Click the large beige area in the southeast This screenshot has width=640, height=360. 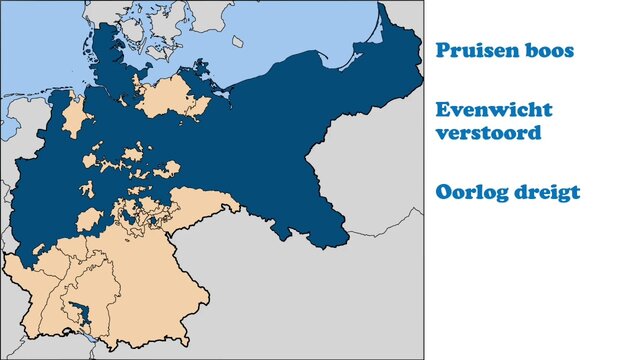(160, 280)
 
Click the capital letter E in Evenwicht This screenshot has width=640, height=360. (443, 109)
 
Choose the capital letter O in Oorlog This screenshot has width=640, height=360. (445, 192)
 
